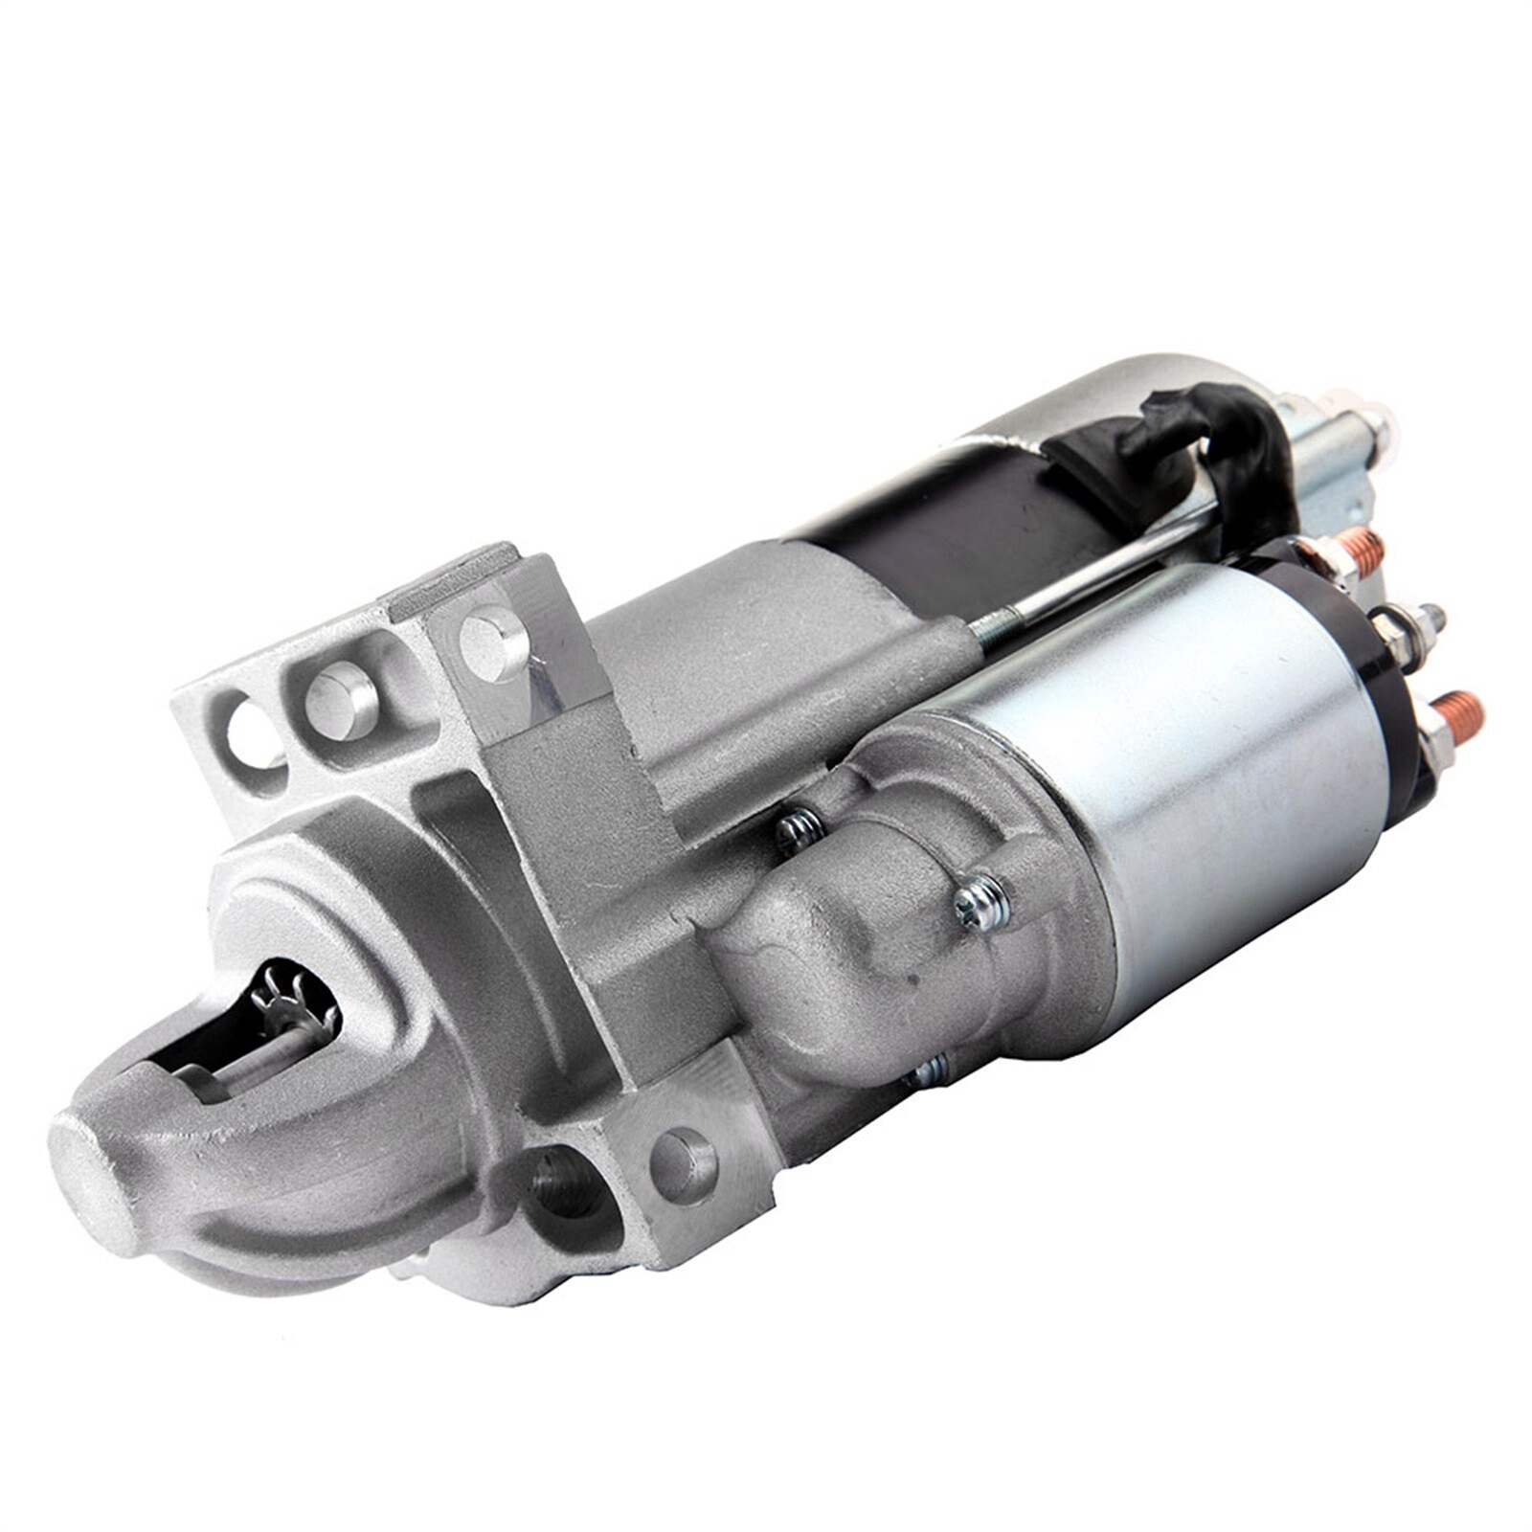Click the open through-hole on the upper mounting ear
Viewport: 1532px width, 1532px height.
[253, 732]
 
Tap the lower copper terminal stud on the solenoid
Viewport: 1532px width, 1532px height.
[1459, 713]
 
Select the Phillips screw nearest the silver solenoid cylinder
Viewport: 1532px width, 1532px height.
[982, 900]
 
